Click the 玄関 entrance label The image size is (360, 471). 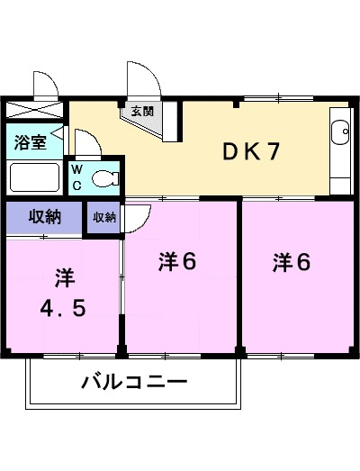(143, 112)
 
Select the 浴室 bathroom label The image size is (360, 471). (28, 141)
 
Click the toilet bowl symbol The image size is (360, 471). (105, 177)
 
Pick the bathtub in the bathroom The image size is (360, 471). (34, 177)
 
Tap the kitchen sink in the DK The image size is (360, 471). (340, 134)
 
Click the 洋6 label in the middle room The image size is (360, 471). (177, 262)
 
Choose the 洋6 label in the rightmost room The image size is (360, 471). (292, 262)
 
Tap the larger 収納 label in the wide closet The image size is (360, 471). (42, 217)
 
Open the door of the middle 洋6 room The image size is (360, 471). (136, 216)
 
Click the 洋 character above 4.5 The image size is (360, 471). (62, 275)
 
